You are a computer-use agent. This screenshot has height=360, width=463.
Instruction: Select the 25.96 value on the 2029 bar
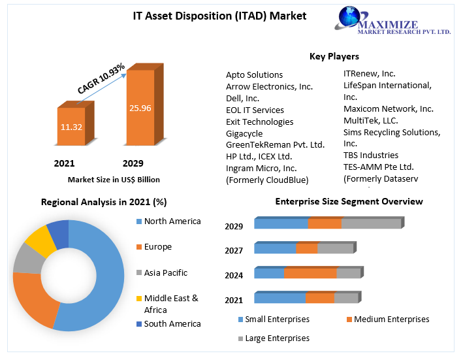click(140, 108)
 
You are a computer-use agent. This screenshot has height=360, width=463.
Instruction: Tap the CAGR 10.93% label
click(101, 79)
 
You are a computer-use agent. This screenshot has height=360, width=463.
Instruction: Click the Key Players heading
click(334, 56)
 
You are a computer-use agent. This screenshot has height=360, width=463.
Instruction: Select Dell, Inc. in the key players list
click(242, 98)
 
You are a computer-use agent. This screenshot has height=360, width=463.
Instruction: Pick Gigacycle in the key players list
click(245, 133)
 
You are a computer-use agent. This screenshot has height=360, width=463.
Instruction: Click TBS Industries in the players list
click(371, 155)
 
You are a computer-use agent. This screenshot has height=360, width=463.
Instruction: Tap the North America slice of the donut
click(104, 274)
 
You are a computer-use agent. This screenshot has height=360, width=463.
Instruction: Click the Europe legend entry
click(157, 247)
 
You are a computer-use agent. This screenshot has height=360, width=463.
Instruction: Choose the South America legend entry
click(172, 323)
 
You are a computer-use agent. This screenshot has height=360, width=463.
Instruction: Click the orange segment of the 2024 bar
click(310, 273)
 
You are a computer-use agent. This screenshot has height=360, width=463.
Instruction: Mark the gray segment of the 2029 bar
click(371, 223)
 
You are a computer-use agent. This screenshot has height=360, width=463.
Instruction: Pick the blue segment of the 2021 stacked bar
click(279, 298)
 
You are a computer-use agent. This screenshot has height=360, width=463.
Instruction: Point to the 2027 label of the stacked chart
click(234, 251)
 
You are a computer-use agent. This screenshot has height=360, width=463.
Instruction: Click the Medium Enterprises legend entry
click(388, 319)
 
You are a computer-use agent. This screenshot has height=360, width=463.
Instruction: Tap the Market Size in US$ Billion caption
click(114, 179)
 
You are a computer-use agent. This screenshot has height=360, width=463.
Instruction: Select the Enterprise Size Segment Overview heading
click(349, 201)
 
